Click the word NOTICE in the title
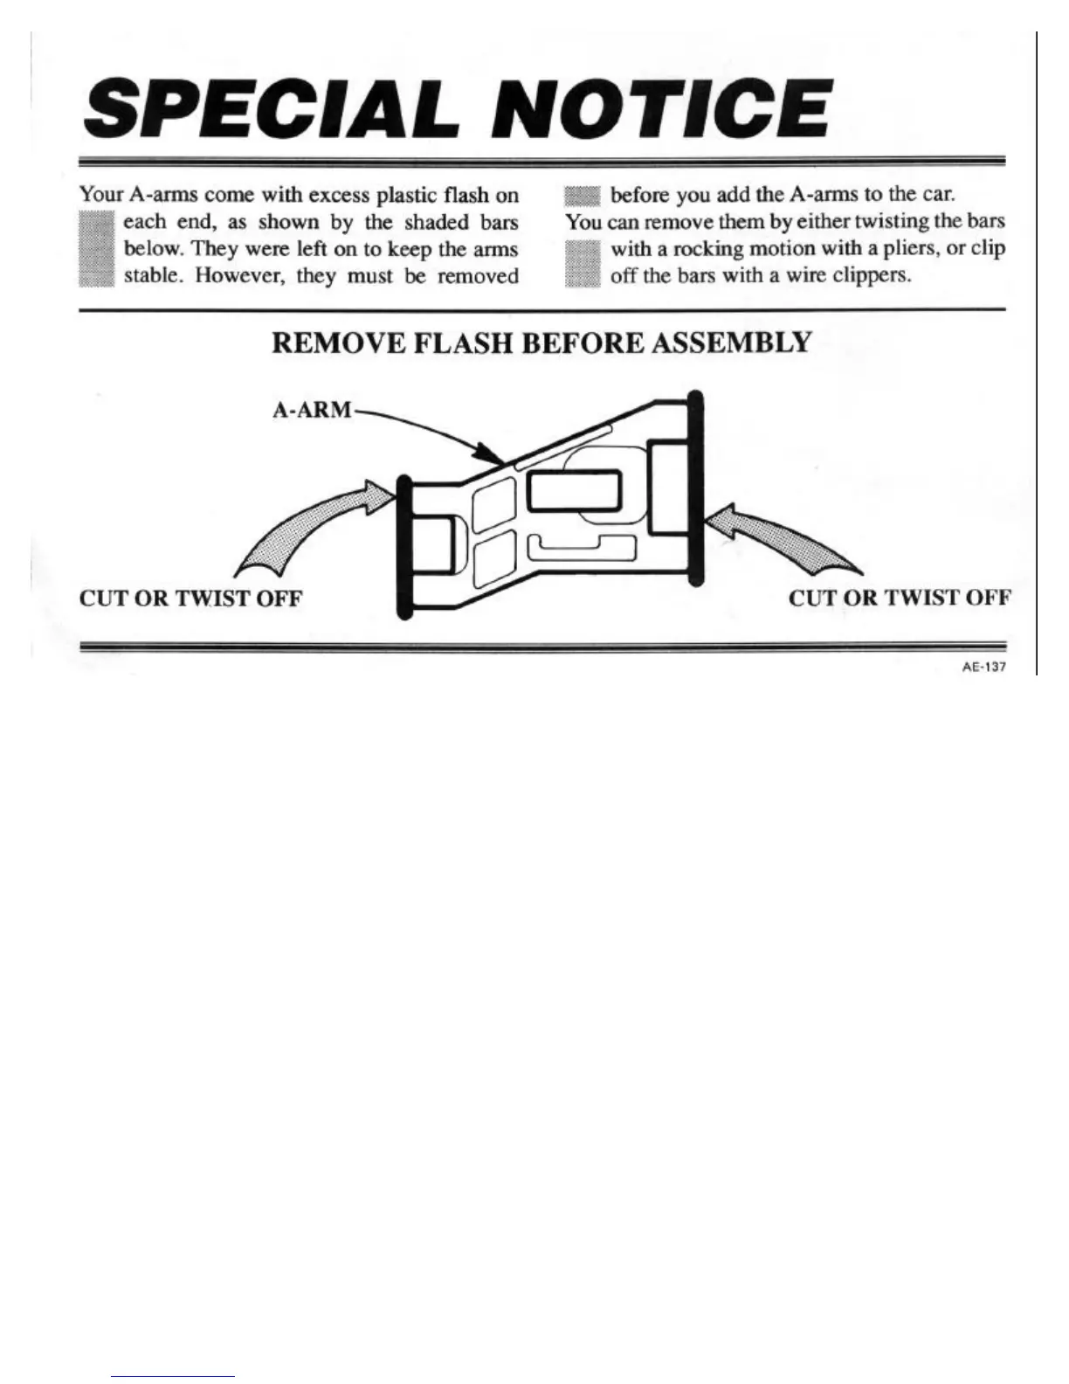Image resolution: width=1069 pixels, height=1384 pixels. [654, 108]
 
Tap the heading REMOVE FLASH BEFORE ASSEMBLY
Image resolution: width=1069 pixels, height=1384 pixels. [541, 343]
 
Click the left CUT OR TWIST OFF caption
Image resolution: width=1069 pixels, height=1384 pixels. [190, 599]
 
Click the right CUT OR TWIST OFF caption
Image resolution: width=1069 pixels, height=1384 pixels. [900, 599]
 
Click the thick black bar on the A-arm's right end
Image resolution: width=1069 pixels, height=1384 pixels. [695, 489]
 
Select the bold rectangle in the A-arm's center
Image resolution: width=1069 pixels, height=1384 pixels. [574, 491]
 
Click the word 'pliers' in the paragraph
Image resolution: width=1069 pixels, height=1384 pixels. [909, 249]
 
